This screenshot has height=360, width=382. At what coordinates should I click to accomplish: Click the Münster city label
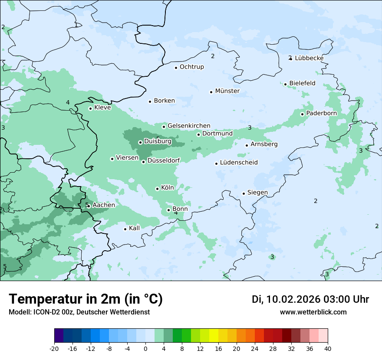point(227,91)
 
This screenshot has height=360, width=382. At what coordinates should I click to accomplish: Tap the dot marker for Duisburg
point(141,142)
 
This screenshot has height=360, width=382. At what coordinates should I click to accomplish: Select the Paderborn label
point(321,114)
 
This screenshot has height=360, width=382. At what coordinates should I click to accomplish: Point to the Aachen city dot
point(89,206)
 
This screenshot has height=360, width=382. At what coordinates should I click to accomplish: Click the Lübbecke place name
point(309,58)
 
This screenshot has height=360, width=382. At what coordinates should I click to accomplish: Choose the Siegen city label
point(257,193)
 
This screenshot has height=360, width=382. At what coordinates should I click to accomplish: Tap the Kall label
point(134,228)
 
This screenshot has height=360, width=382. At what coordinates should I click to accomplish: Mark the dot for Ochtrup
point(176,67)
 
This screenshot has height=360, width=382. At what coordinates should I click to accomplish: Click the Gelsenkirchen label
point(189,126)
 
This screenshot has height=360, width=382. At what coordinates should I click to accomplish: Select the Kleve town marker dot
point(90,108)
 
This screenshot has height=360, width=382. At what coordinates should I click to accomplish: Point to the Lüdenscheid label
point(239,163)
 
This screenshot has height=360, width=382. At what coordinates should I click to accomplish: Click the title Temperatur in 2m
point(86,299)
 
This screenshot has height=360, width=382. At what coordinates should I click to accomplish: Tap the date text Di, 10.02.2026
point(286,299)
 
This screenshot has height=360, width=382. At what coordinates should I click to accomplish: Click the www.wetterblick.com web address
point(313,312)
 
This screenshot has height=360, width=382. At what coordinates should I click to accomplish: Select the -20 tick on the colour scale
point(54,348)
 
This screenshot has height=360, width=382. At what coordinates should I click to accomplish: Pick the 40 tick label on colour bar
point(327,348)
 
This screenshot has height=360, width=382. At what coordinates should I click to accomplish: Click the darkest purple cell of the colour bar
point(59,336)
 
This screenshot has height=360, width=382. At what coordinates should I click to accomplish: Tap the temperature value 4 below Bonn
point(176,213)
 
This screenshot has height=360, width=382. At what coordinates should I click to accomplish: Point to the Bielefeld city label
point(302,83)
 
